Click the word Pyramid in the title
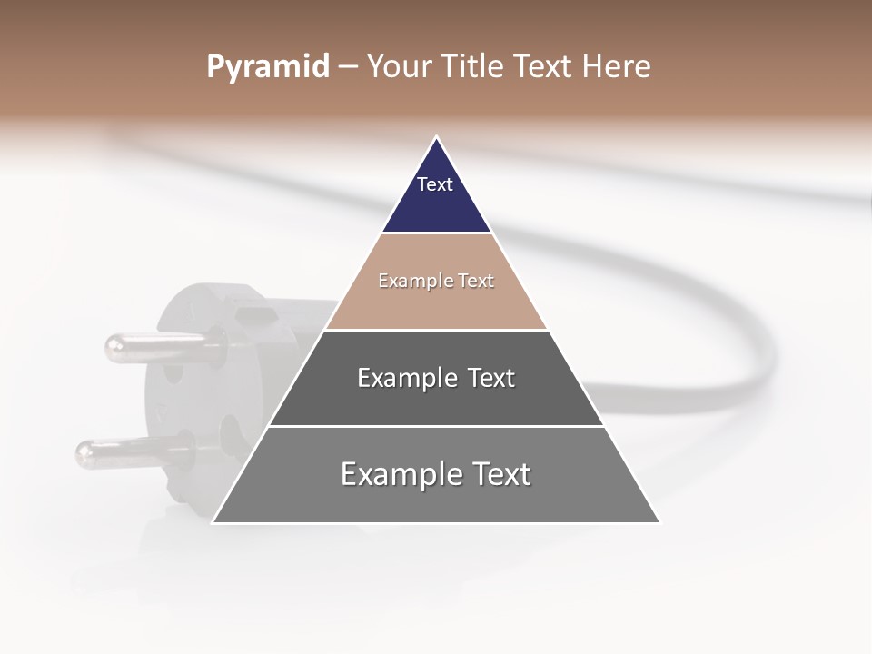coord(268,67)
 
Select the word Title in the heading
coord(475,67)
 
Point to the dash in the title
coord(348,67)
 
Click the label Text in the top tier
coord(435,184)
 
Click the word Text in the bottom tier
coord(494,474)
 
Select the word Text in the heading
coord(543,67)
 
